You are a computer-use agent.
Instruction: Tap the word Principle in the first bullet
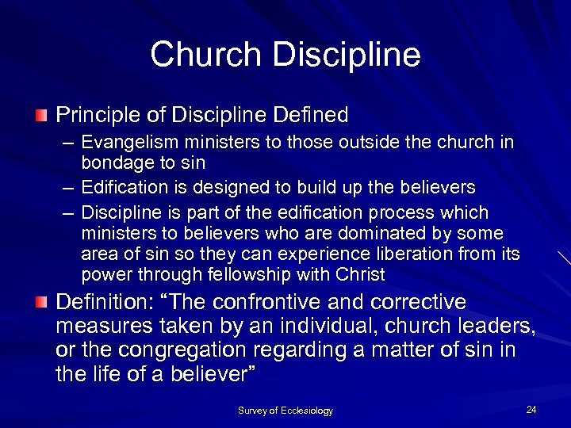[91, 116]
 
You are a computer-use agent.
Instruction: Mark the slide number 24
[531, 409]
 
